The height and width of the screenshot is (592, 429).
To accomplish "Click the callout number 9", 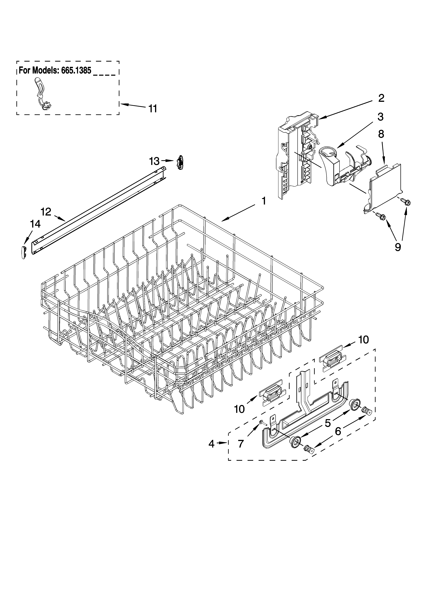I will (x=398, y=247).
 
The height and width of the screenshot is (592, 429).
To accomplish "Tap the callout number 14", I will (x=35, y=224).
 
